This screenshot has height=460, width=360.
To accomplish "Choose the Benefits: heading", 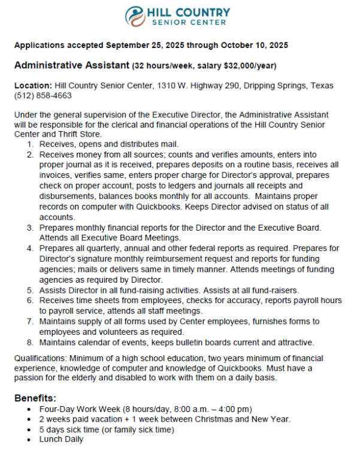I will pyautogui.click(x=35, y=398).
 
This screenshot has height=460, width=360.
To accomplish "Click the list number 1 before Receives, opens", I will pyautogui.click(x=30, y=144).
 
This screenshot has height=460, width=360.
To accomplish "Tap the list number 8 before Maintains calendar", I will pyautogui.click(x=30, y=343).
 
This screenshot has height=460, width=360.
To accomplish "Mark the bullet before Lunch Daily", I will pyautogui.click(x=29, y=439).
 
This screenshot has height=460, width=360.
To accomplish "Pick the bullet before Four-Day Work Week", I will pyautogui.click(x=29, y=409).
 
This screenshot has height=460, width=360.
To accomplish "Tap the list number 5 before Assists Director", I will pyautogui.click(x=30, y=289).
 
